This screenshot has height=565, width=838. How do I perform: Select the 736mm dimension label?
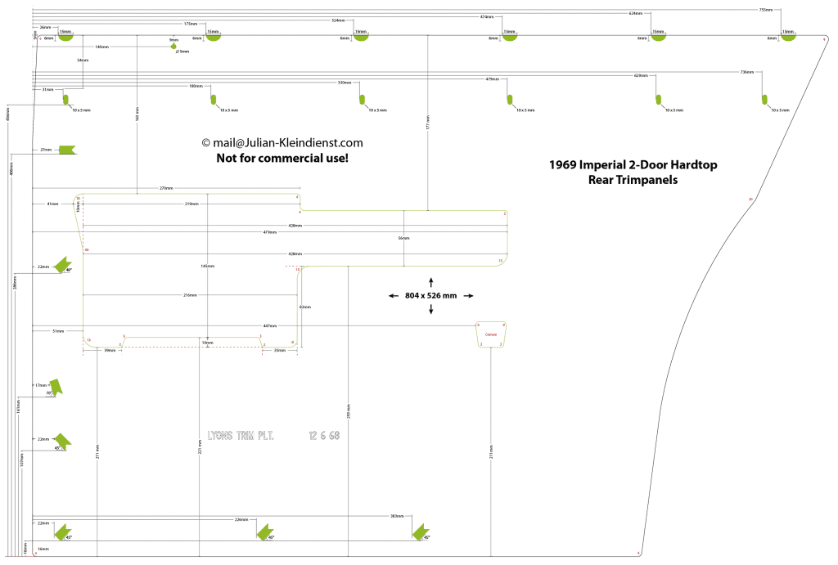[x=746, y=72]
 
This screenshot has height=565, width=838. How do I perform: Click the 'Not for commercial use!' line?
[x=282, y=158]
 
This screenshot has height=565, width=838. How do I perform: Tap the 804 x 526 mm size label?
[x=432, y=295]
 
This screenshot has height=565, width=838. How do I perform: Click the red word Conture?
[x=491, y=335]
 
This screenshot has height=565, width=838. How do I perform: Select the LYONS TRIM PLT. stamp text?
[x=241, y=436]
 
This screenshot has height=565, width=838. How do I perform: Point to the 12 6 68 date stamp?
[x=324, y=436]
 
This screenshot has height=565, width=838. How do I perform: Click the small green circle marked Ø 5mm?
[x=173, y=47]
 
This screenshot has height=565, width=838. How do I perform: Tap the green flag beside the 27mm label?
[x=66, y=150]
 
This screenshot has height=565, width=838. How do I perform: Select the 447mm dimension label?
[x=269, y=325]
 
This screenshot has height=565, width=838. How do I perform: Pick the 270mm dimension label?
[x=166, y=188]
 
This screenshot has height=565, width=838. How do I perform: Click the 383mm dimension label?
[x=396, y=516]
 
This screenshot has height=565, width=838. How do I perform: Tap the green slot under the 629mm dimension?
[x=658, y=100]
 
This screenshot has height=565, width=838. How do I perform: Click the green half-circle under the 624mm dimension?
[x=658, y=37]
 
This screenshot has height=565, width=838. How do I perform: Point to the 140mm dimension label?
[x=101, y=47]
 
